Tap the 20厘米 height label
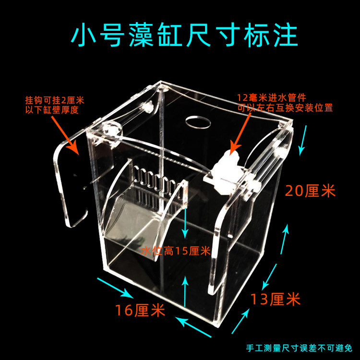(x=310, y=191)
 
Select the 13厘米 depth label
(x=276, y=300)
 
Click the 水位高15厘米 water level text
(x=176, y=251)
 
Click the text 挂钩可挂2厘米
(x=54, y=100)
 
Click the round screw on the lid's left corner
(x=111, y=130)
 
